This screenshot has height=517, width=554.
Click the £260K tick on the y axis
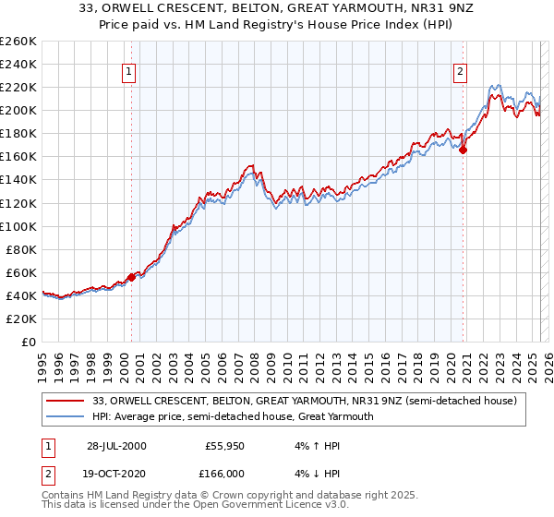pyautogui.click(x=18, y=42)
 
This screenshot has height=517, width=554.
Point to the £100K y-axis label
pyautogui.click(x=18, y=226)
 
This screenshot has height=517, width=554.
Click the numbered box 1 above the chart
pyautogui.click(x=128, y=74)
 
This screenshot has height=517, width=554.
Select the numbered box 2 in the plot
pyautogui.click(x=460, y=74)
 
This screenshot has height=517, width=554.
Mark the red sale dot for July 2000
pyautogui.click(x=131, y=276)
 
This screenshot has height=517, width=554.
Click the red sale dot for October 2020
pyautogui.click(x=464, y=150)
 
